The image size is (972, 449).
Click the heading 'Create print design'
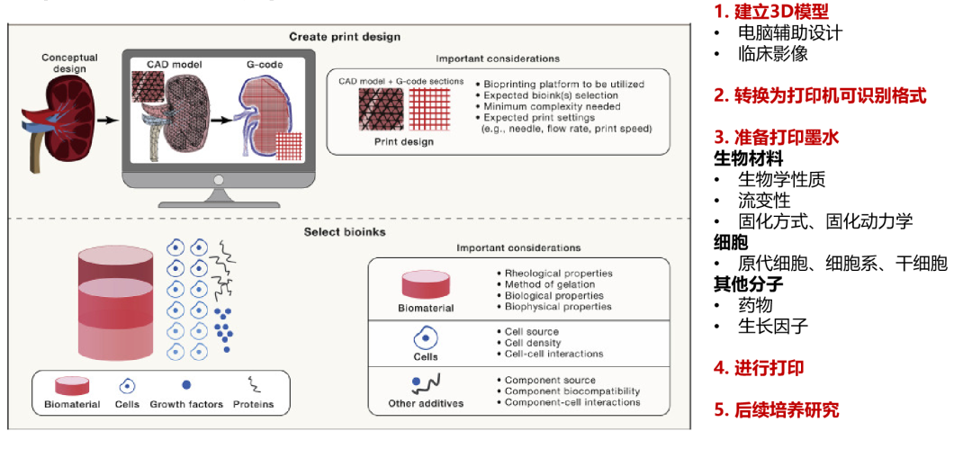345,37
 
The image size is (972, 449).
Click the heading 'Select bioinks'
345,232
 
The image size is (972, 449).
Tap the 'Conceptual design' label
69,64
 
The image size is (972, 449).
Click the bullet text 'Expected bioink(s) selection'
551,95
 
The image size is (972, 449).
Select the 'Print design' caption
403,141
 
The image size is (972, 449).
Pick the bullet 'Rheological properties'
558,274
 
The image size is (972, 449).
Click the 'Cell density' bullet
533,343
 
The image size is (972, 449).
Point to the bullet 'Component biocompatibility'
572,391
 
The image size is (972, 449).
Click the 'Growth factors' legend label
186,404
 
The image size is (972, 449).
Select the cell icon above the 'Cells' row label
425,339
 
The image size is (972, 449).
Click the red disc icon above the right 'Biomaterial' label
426,284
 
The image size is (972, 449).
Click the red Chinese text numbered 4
759,369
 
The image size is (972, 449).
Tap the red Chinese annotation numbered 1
770,13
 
